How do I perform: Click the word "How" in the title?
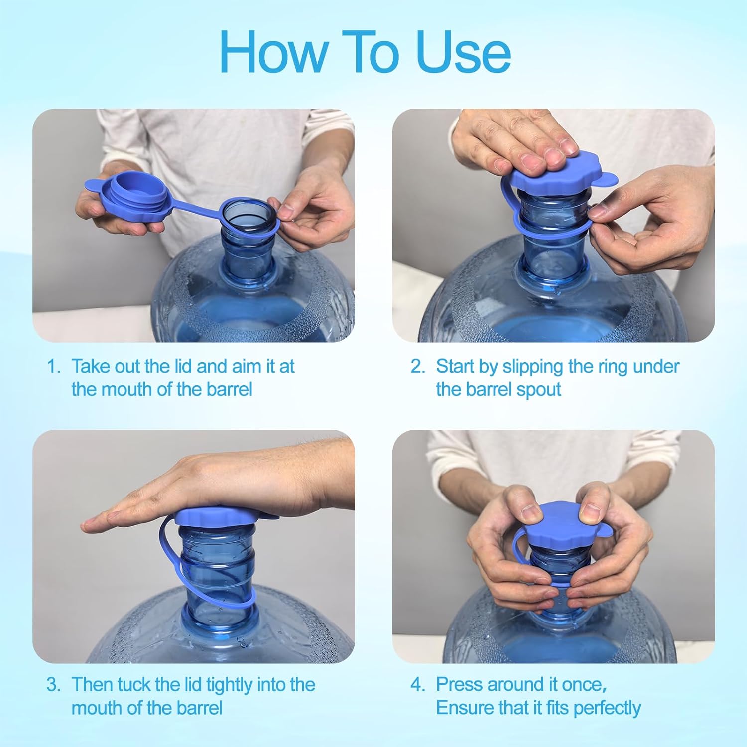(273, 52)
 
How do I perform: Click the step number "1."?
(53, 366)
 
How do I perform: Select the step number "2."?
(418, 366)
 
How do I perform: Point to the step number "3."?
(53, 684)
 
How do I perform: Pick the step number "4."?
(418, 684)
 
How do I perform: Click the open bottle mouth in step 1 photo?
(248, 214)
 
